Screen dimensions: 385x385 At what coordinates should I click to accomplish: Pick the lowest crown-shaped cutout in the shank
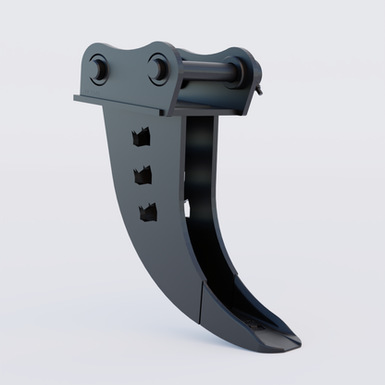(x=147, y=211)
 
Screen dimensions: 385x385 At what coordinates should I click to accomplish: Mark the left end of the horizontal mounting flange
(x=73, y=97)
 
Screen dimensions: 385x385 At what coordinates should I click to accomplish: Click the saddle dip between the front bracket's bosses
(x=128, y=57)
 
